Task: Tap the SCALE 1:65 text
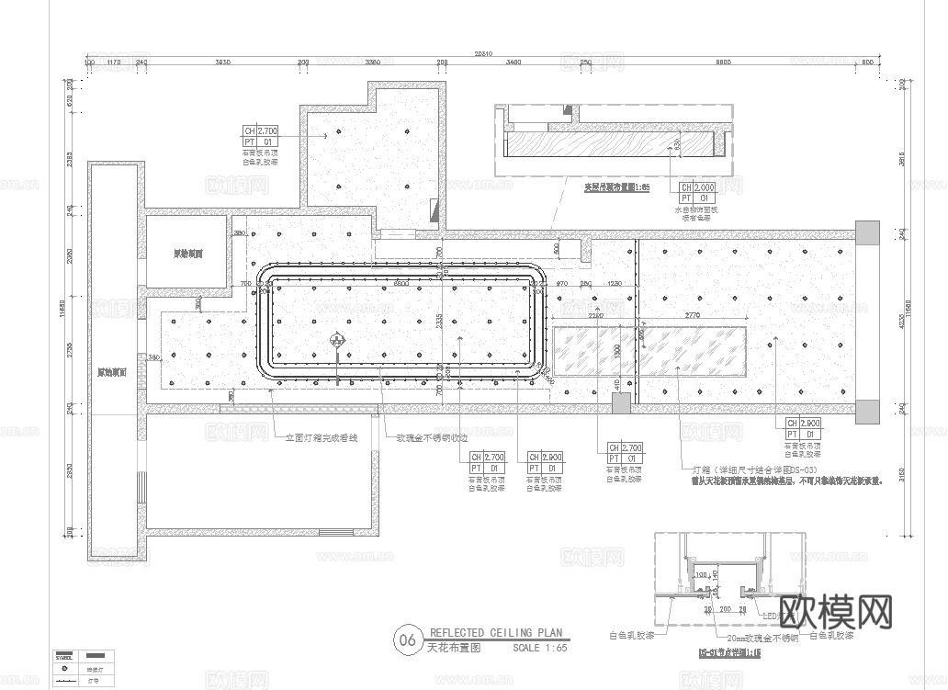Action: (540, 648)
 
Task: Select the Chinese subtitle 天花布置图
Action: (446, 648)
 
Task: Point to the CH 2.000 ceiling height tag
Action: (697, 187)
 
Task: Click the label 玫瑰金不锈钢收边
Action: (429, 437)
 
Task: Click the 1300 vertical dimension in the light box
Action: (618, 351)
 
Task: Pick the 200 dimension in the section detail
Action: (726, 609)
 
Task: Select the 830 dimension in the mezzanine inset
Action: (677, 144)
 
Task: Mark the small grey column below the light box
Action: (621, 402)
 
